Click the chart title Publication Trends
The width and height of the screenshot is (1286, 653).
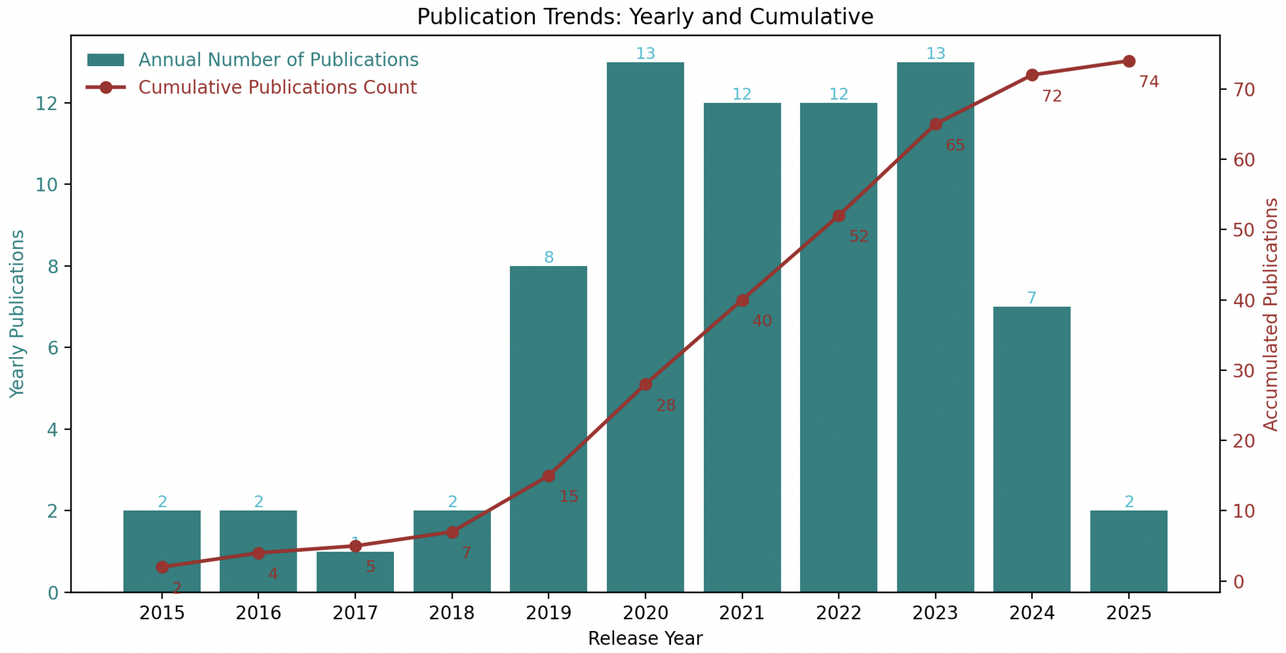[x=645, y=17]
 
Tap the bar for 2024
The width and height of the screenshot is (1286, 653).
[x=1031, y=449]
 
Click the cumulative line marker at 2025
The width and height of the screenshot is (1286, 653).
[x=1129, y=62]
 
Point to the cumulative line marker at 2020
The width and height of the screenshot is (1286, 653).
[x=645, y=385]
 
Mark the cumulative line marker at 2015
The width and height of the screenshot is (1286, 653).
[x=162, y=567]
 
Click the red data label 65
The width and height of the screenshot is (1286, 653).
[x=955, y=145]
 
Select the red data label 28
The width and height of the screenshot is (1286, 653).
[x=666, y=405]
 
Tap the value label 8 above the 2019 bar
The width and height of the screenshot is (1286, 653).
[x=549, y=257]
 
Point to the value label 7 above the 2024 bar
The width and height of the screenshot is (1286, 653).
[x=1031, y=298]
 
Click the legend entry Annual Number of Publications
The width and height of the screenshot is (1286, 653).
[x=278, y=60]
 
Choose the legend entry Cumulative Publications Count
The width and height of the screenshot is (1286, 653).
[x=277, y=87]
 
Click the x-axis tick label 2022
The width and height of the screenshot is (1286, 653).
[x=838, y=613]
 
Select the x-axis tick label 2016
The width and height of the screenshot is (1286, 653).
[x=258, y=613]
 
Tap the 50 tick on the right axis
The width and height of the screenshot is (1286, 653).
[x=1244, y=230]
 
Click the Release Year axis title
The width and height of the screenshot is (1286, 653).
[x=645, y=638]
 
